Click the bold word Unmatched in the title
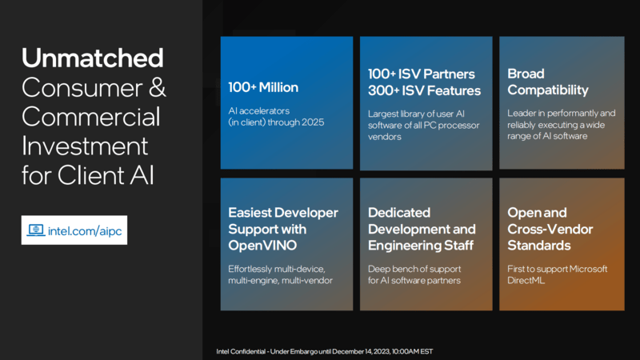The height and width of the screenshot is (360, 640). pos(93,58)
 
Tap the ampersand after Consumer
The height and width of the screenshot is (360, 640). pos(157,87)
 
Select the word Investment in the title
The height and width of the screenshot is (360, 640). pos(85,146)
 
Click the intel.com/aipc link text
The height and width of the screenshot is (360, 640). pos(85,231)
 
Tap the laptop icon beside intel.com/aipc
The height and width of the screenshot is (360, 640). pos(36,230)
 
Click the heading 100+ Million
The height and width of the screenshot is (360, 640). pos(263,87)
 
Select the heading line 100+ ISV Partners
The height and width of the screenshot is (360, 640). pos(422,74)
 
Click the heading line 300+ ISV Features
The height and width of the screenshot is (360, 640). pos(425,90)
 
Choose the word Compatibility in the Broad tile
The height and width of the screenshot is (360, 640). pos(548,90)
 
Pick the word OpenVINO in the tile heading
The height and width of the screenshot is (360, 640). pos(262,246)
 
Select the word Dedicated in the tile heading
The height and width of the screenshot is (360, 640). pos(399,213)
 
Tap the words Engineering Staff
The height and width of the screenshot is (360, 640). pos(421,246)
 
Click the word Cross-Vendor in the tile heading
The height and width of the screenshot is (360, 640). pos(550,230)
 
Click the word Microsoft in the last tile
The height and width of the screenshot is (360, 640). pos(588,269)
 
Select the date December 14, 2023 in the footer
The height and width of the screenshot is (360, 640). pos(361,351)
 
